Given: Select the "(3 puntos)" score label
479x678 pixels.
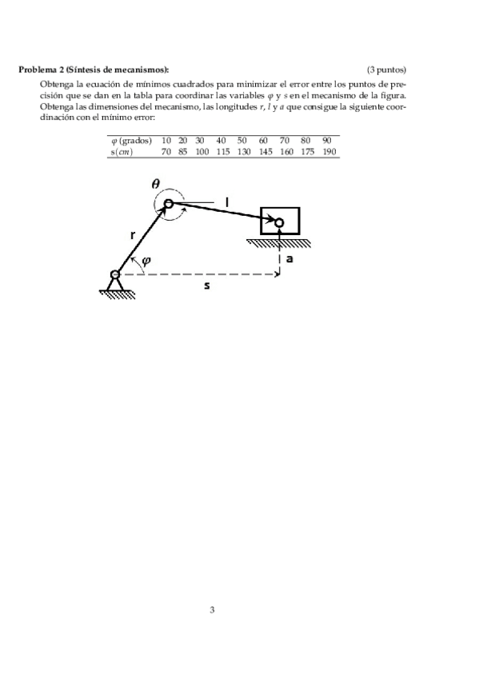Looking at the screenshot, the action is pyautogui.click(x=387, y=70).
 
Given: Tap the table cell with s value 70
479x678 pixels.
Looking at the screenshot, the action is pyautogui.click(x=166, y=151).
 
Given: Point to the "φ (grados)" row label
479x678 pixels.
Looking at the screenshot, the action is pyautogui.click(x=131, y=140).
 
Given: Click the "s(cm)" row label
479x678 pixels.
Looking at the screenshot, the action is pyautogui.click(x=123, y=151).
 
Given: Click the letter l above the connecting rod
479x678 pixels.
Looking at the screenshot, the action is pyautogui.click(x=226, y=203).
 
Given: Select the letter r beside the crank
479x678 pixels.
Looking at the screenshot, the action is pyautogui.click(x=133, y=236).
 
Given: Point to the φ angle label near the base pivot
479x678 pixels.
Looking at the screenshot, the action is pyautogui.click(x=146, y=261).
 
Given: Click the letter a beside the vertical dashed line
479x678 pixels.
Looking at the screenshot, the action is pyautogui.click(x=289, y=259).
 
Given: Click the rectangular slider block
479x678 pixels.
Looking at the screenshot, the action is pyautogui.click(x=279, y=221).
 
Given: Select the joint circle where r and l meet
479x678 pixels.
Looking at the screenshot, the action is pyautogui.click(x=169, y=205).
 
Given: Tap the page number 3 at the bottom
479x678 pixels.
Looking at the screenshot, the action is pyautogui.click(x=212, y=610).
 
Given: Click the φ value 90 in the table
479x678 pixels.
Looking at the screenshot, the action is pyautogui.click(x=327, y=140).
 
